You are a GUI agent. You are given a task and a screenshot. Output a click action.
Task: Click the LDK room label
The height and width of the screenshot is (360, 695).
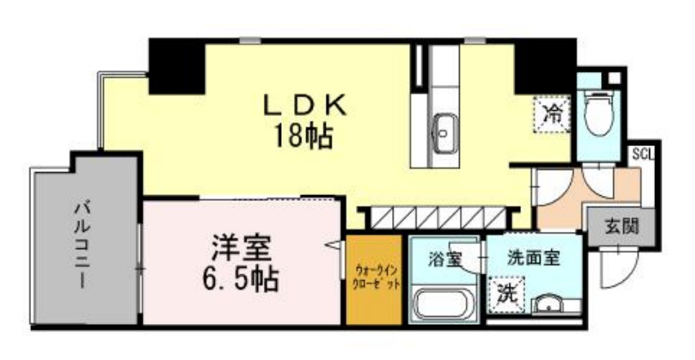point(305,104)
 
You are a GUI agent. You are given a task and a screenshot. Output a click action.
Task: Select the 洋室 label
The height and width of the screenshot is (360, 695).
point(240,247)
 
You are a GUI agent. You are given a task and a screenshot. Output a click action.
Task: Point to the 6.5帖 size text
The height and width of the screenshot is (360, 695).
point(240,279)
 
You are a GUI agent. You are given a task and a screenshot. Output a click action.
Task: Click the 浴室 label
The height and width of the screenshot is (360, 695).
point(446,260)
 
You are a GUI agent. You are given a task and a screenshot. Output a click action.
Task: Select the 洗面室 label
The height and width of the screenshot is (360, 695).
point(532,259)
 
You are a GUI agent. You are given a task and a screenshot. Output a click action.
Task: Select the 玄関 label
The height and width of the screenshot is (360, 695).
point(621,223)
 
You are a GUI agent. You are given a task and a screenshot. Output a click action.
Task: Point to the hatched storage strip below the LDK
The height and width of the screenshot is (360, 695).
point(439,218)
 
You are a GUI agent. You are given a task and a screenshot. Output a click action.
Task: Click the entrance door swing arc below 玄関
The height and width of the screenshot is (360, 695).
point(615,263)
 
